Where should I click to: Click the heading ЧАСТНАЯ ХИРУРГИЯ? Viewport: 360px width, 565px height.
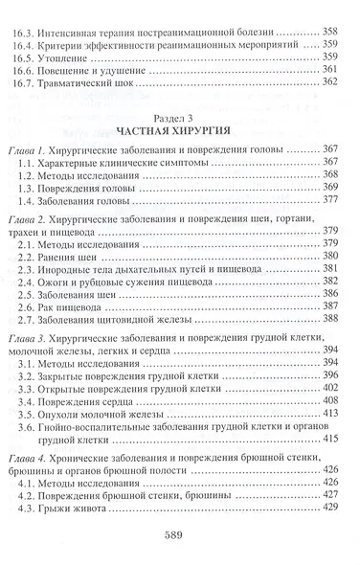(x=183, y=129)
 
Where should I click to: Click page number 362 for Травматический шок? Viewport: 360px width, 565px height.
(x=328, y=81)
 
